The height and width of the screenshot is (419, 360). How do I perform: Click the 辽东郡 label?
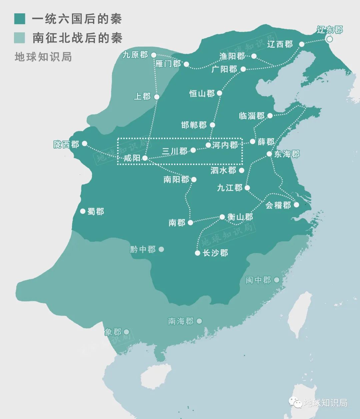coord(329,30)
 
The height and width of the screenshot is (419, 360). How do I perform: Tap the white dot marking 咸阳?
coord(145,158)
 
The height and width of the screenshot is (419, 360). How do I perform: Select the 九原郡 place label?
coord(135,55)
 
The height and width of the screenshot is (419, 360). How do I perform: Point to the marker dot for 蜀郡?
coord(83,211)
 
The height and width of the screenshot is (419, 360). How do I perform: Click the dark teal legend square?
coord(20,19)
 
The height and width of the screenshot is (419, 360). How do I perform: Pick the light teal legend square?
coord(20,38)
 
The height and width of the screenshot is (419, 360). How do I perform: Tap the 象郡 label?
coord(113,332)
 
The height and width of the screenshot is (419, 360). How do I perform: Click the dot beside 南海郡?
coord(199,321)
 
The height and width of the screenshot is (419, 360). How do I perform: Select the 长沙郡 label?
coord(215,253)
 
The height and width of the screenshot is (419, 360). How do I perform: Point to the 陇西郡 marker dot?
coord(85,143)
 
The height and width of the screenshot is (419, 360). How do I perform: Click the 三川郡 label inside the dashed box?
coord(174,151)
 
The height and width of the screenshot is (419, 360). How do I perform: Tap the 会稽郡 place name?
coord(278,205)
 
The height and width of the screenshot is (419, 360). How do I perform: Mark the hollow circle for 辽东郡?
coord(329,39)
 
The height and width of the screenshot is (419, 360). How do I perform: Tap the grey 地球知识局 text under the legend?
coord(43,57)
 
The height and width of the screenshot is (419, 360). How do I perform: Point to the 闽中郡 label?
coord(258,280)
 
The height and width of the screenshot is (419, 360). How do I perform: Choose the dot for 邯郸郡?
coord(212,125)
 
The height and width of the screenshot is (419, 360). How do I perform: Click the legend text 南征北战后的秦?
coord(77,38)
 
